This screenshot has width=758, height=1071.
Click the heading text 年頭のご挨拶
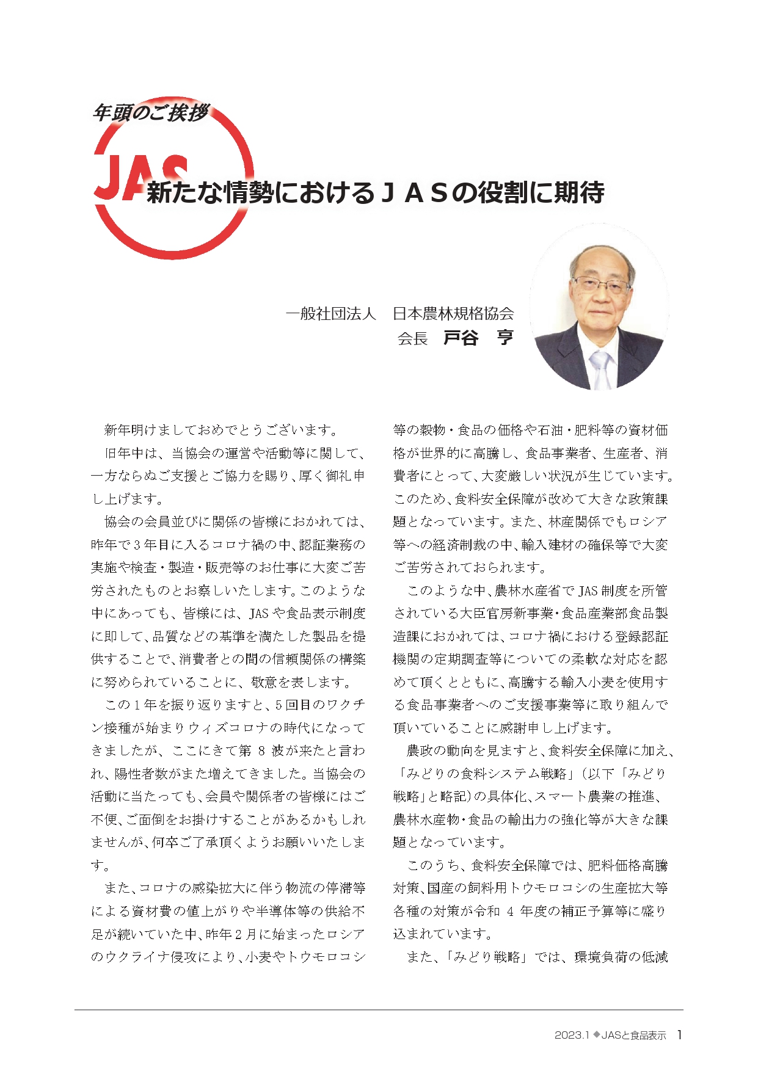point(150,113)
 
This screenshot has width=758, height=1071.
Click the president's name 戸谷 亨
point(478,338)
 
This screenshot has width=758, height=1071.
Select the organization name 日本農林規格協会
point(453,314)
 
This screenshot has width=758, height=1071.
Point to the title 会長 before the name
point(412,339)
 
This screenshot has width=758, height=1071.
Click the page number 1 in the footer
point(679,1034)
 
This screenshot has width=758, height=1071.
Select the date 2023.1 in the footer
point(571,1035)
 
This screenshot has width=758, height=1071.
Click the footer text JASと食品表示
point(633,1035)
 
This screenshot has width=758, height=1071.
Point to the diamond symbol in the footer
point(596,1034)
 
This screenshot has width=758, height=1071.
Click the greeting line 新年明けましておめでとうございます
point(221,430)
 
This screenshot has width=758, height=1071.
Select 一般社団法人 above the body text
point(330,314)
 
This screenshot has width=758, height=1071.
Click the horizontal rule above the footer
point(379,1009)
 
